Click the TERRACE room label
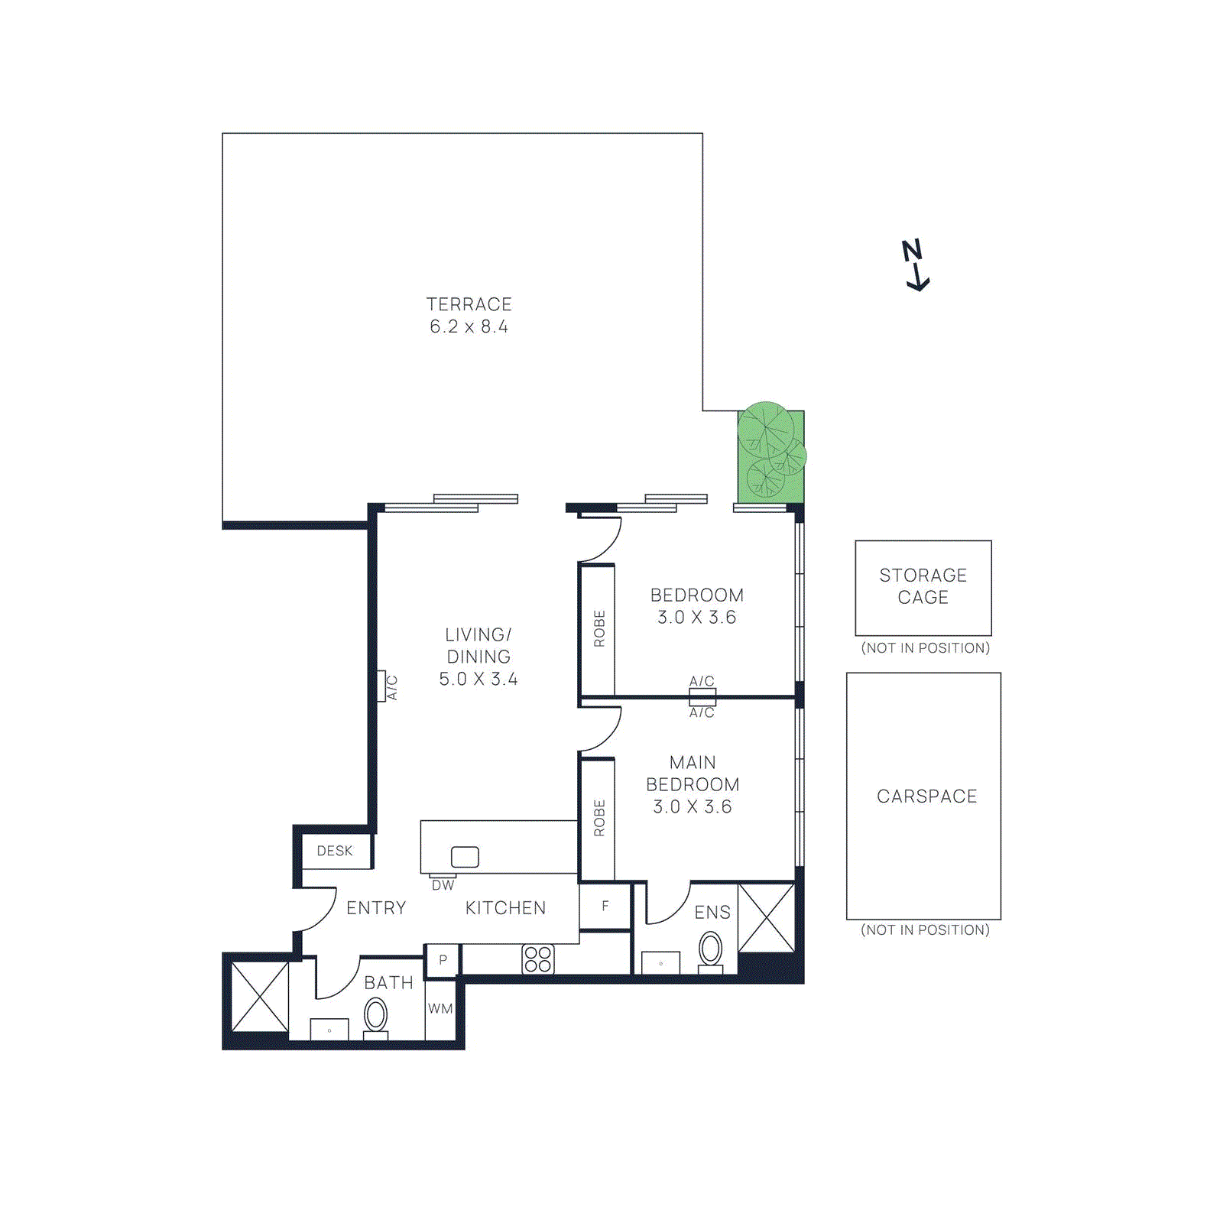(x=469, y=304)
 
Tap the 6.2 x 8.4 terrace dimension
(x=469, y=327)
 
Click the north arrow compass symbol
(x=916, y=264)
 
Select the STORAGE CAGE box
(x=923, y=587)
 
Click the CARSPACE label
(x=926, y=796)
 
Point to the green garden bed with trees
(x=771, y=454)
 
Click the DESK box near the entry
(x=336, y=851)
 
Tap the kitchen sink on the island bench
(x=465, y=857)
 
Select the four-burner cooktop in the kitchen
(x=538, y=959)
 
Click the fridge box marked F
(x=605, y=907)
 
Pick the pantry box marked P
(x=443, y=960)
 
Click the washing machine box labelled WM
(x=440, y=1009)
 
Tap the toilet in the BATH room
(x=375, y=1017)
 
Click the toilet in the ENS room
(x=710, y=951)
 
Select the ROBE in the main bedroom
(x=599, y=818)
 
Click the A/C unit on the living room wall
(x=381, y=686)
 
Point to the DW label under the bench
(x=443, y=885)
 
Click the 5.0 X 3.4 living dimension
(x=478, y=680)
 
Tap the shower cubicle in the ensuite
(x=766, y=918)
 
